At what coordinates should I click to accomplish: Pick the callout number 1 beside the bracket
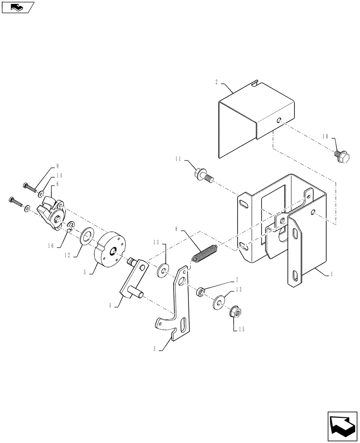331,275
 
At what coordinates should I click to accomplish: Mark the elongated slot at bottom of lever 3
183,328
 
